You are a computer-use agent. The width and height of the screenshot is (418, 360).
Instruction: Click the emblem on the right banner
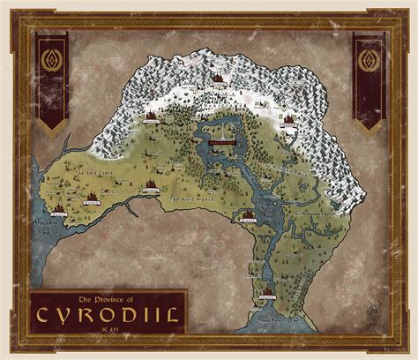coord(367,62)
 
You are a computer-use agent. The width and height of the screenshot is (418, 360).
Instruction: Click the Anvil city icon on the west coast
coord(58,209)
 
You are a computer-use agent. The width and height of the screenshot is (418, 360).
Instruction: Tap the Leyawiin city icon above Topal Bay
coord(265,290)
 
